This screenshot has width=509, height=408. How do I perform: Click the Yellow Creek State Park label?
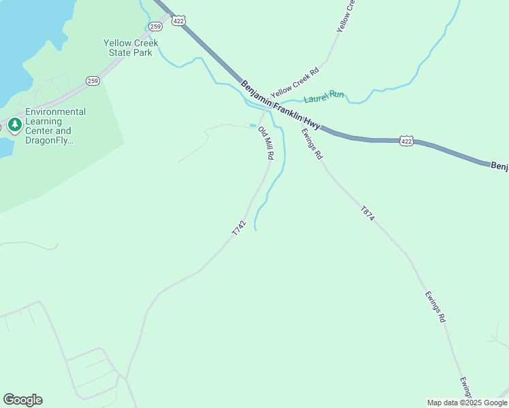tap(131, 48)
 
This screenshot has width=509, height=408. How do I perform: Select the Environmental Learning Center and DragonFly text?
tap(56, 126)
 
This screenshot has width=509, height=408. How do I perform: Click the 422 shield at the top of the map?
tap(178, 21)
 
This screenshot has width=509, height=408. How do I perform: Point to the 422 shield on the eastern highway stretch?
tap(406, 141)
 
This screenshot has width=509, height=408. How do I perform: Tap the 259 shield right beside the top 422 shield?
tap(156, 27)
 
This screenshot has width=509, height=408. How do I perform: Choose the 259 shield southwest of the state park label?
tap(93, 81)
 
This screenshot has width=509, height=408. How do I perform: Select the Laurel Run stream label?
tap(324, 97)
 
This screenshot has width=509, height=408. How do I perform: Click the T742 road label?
tap(238, 228)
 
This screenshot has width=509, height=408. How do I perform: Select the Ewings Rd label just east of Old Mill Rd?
tap(312, 144)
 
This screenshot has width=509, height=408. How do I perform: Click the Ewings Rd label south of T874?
tap(435, 307)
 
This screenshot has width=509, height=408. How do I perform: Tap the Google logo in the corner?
tap(22, 400)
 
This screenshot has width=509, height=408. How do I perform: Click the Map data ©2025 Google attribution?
tap(466, 403)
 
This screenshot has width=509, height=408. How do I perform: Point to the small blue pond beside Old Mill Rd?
tap(253, 125)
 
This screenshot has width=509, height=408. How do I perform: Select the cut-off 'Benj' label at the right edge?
tap(499, 166)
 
